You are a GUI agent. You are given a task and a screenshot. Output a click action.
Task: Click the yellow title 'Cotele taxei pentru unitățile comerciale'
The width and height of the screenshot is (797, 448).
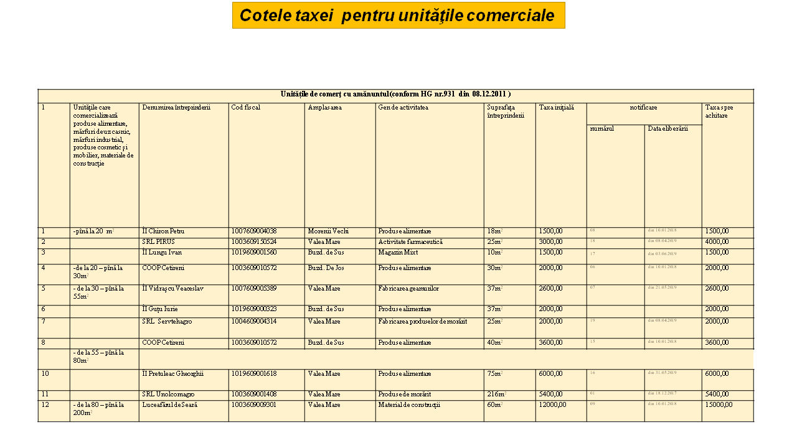pos(398,16)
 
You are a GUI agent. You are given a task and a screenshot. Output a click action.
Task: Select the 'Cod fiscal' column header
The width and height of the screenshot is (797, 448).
pos(245,108)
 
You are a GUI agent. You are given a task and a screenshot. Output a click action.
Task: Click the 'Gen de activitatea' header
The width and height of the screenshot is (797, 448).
pos(403,108)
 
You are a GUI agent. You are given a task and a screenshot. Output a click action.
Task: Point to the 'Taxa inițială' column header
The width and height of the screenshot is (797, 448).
pos(557,108)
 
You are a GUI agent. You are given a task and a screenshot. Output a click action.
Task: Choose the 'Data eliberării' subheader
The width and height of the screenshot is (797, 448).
pos(667,129)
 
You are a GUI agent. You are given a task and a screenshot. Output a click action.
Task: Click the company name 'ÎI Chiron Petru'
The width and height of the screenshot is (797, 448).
pos(163,231)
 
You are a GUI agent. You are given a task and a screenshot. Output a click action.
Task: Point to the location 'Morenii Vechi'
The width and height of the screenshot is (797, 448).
pos(328,231)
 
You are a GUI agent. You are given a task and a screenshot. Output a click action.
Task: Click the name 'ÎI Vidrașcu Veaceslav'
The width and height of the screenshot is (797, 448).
pos(173,289)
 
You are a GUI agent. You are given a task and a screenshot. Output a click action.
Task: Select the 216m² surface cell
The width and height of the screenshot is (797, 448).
pos(496,394)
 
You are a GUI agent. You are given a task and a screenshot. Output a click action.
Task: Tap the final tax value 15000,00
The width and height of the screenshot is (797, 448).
pos(719,404)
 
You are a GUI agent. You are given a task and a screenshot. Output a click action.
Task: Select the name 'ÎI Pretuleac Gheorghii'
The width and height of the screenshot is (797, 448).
pos(173,374)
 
